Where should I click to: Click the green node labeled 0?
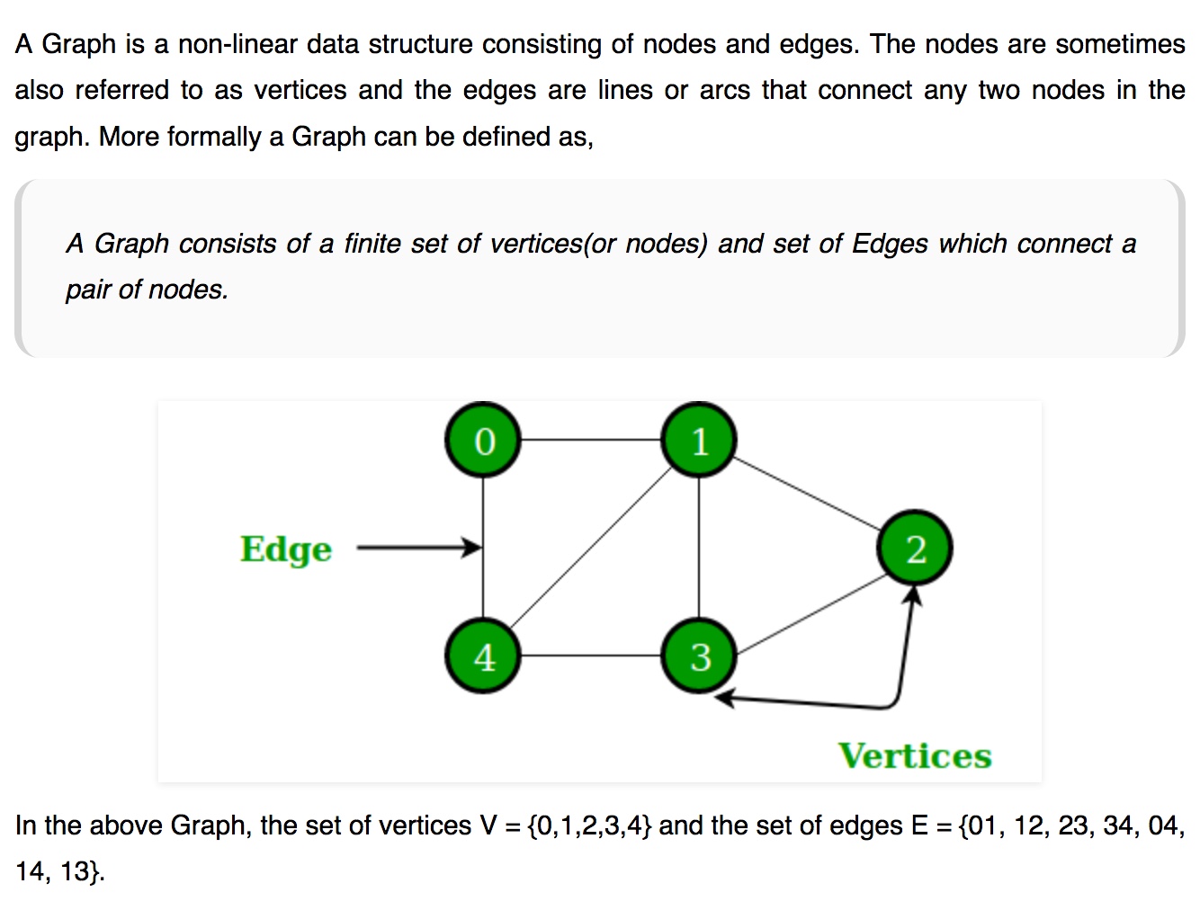pos(483,440)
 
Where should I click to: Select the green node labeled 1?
pos(699,440)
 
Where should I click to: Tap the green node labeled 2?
pos(915,548)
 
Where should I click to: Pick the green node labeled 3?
pos(699,656)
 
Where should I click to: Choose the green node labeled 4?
pos(483,656)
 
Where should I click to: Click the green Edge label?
pos(286,549)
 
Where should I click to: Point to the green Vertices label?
pos(915,756)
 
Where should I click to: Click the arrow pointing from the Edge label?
pos(419,547)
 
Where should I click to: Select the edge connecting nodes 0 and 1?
pos(591,440)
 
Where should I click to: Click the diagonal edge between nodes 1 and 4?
pos(591,548)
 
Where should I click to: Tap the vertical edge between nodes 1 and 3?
pos(699,548)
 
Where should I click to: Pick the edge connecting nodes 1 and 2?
pos(807,494)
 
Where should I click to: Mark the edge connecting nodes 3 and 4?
pos(591,656)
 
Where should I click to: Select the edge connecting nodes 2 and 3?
pos(811,614)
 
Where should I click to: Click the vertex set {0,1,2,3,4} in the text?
pos(590,825)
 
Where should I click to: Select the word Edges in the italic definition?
pos(890,245)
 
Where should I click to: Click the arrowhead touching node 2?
pos(912,594)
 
